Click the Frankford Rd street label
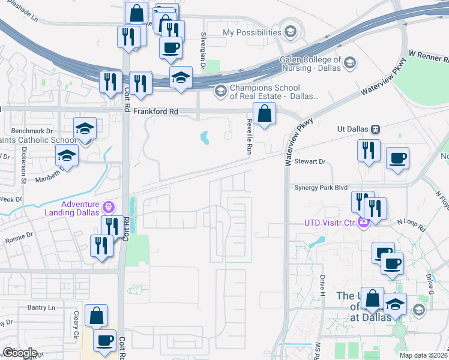[156, 111]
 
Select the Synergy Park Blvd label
[321, 187]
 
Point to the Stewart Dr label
[309, 162]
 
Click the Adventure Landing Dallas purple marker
[108, 208]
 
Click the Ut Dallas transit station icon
[376, 129]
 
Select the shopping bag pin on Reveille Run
[264, 113]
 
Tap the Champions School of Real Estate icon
[220, 91]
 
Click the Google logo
[19, 353]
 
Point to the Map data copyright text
[423, 355]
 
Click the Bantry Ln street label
[41, 307]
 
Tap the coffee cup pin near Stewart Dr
[397, 160]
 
